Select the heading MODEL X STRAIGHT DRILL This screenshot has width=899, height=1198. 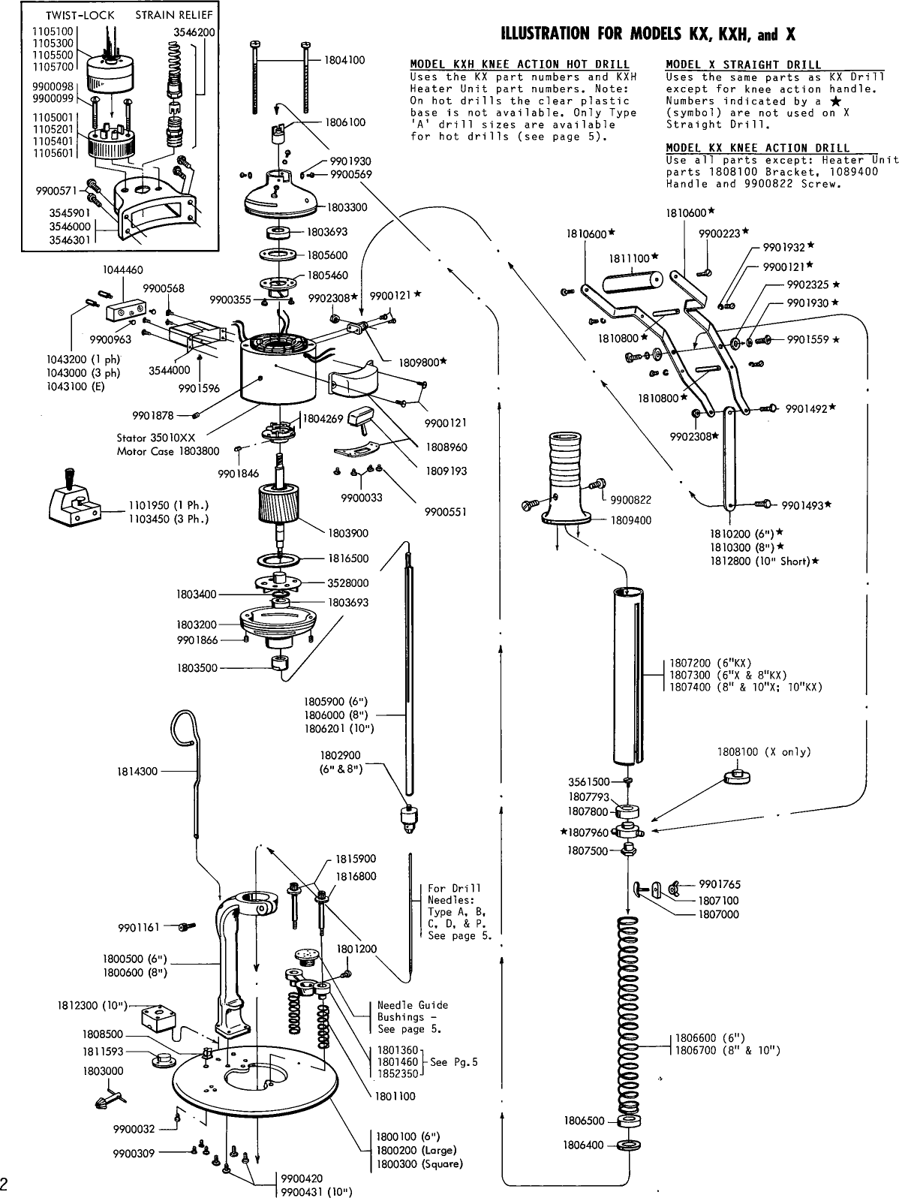[x=743, y=65]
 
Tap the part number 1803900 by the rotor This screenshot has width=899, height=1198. [x=348, y=533]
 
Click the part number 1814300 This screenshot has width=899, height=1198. [x=137, y=771]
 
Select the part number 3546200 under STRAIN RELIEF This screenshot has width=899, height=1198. [x=194, y=32]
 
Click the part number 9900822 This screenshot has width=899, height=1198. [x=630, y=500]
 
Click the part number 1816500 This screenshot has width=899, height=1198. [x=348, y=558]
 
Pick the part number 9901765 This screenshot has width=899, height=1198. [x=719, y=884]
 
